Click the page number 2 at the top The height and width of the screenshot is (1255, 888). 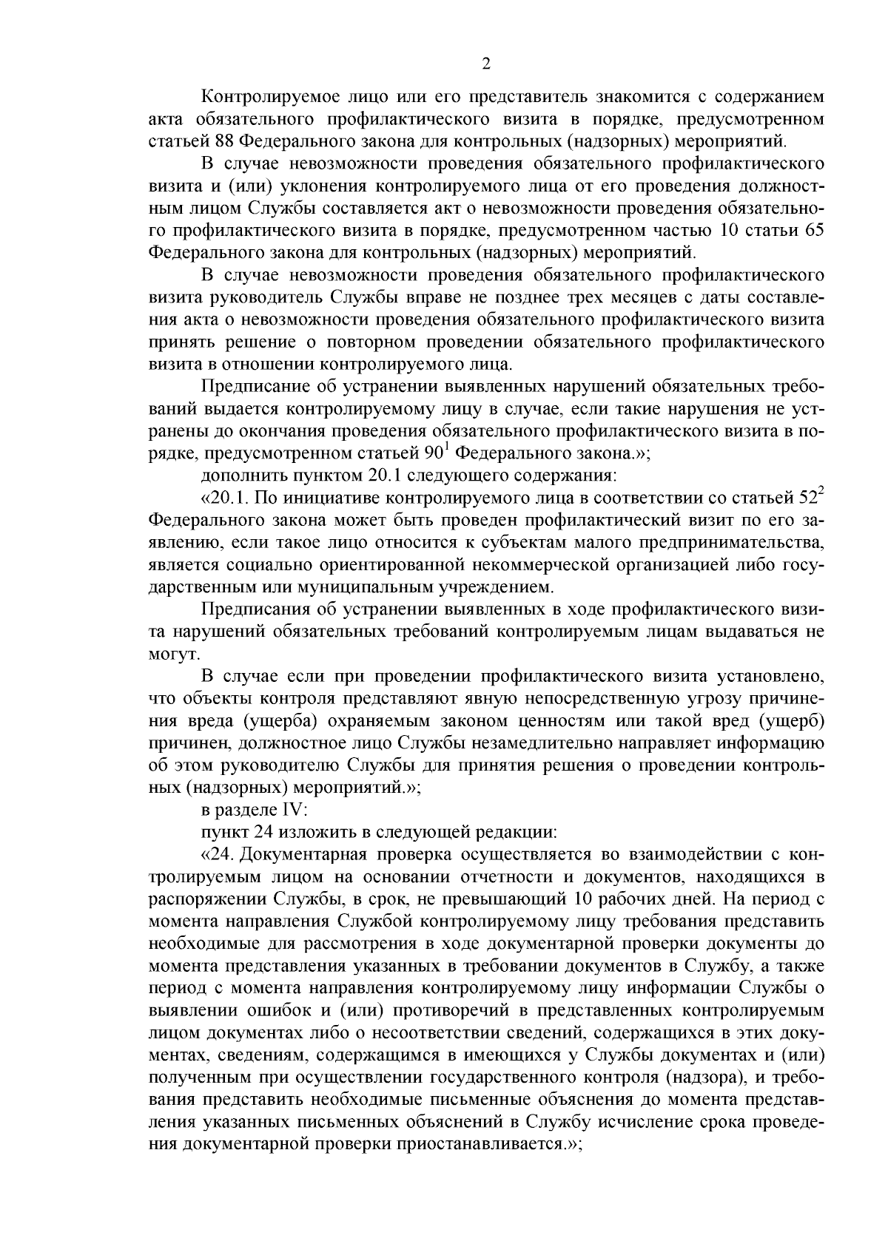[485, 64]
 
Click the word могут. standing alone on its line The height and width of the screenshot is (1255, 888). [174, 654]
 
